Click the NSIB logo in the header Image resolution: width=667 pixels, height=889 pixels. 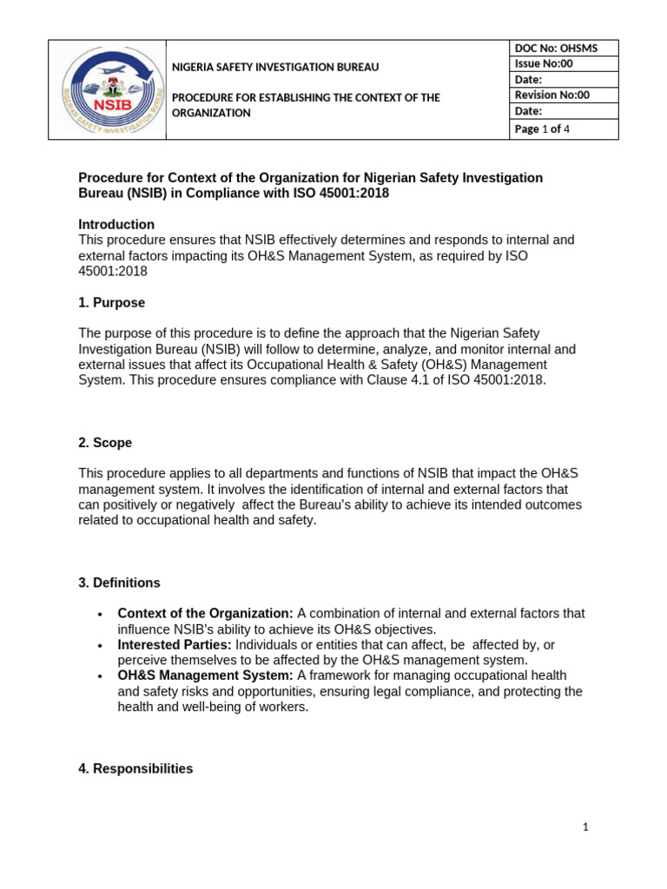point(107,89)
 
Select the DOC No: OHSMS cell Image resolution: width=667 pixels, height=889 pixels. point(564,49)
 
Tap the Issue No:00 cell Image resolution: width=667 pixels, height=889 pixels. point(564,64)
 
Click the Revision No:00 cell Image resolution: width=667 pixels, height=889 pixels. point(564,95)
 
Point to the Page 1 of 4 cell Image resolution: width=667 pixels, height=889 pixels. point(564,129)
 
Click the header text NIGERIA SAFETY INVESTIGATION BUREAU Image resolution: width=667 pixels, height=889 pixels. point(275,67)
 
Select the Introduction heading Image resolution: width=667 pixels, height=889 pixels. point(116,224)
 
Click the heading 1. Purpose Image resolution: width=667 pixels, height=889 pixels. point(112,303)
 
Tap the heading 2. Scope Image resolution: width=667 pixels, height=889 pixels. point(105,443)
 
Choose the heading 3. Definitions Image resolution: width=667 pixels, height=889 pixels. point(119,583)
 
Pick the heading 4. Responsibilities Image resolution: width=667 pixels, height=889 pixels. point(135,768)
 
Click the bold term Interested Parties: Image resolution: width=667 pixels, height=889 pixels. point(175,645)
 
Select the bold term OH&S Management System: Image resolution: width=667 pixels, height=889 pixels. point(206,675)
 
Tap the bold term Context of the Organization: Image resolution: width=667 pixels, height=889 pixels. point(205,614)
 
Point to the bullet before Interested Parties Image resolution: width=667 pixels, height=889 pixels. point(102,645)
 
